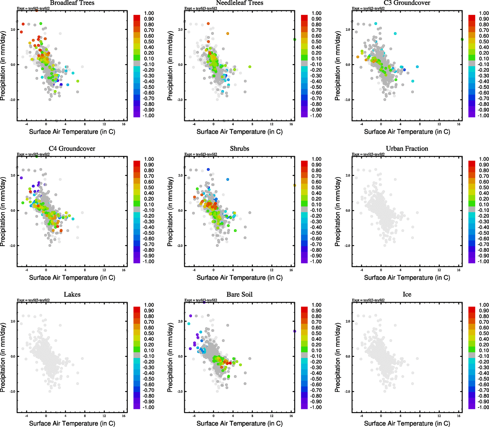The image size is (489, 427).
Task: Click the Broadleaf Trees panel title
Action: tap(72, 3)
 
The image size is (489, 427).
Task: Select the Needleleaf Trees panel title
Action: tap(239, 3)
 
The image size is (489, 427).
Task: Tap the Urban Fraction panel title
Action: tap(407, 149)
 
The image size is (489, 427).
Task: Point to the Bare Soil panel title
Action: tap(239, 295)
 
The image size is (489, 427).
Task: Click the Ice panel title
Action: tap(407, 295)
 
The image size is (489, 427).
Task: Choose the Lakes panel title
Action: tap(72, 295)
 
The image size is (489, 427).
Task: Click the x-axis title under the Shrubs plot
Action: tap(239, 278)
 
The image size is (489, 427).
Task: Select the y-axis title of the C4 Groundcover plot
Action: tap(3, 212)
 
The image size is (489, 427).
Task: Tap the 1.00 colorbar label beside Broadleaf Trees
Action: tap(149, 13)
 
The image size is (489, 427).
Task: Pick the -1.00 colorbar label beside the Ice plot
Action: tap(483, 407)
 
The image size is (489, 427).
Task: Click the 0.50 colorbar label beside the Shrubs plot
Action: tap(316, 188)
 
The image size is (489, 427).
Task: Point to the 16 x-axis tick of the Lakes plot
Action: tap(124, 416)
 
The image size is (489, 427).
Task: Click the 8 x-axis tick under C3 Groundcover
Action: tap(420, 124)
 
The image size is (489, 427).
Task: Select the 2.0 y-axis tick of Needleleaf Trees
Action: tap(180, 30)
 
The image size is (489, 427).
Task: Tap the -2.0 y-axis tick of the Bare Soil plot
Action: tap(180, 391)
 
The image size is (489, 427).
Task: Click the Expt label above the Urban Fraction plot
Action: tap(368, 154)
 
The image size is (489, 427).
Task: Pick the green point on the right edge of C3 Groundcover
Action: tap(462, 39)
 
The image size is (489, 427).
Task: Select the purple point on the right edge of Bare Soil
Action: tap(295, 331)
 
